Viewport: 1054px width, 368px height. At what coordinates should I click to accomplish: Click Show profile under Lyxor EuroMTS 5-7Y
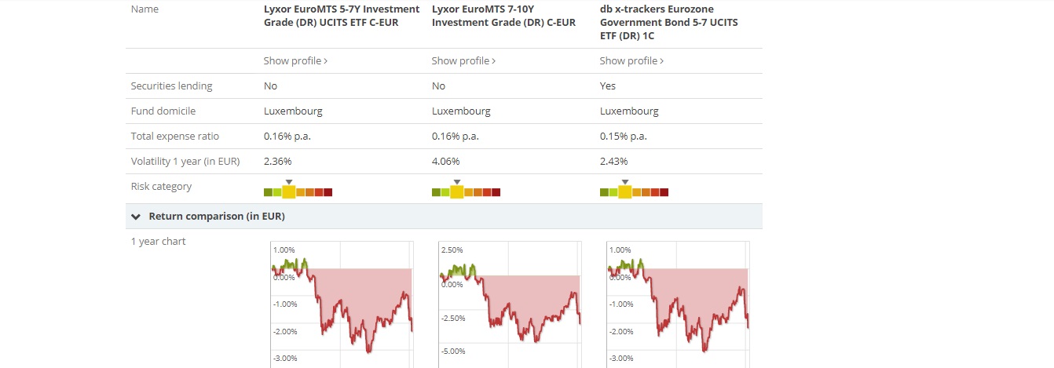click(x=295, y=60)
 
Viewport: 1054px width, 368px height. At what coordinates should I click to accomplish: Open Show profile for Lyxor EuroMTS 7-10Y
click(x=463, y=60)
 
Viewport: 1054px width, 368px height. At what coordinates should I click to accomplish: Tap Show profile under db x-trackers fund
click(x=631, y=60)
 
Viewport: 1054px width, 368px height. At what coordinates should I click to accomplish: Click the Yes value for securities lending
click(x=608, y=86)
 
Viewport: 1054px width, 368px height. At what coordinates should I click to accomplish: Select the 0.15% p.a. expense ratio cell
click(x=624, y=136)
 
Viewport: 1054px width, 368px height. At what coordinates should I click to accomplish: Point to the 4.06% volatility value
click(x=446, y=161)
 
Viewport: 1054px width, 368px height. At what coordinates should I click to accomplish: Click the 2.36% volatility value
click(x=278, y=161)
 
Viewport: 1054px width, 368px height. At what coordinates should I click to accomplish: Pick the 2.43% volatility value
click(x=614, y=161)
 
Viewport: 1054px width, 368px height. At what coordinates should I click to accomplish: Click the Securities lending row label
click(x=171, y=86)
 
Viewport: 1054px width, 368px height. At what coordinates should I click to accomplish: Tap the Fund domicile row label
click(x=163, y=111)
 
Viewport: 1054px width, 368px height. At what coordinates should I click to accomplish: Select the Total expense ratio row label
click(x=175, y=136)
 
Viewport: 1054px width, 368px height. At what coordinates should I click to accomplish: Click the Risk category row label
click(x=161, y=186)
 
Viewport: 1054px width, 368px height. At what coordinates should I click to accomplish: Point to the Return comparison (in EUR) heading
click(x=217, y=216)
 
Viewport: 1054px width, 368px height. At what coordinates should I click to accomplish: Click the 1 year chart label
click(x=159, y=241)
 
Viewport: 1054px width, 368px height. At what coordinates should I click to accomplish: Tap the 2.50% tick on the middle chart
click(x=453, y=250)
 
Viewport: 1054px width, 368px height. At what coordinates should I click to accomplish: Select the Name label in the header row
click(x=145, y=9)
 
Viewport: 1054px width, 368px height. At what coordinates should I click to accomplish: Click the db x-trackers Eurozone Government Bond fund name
click(x=668, y=22)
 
